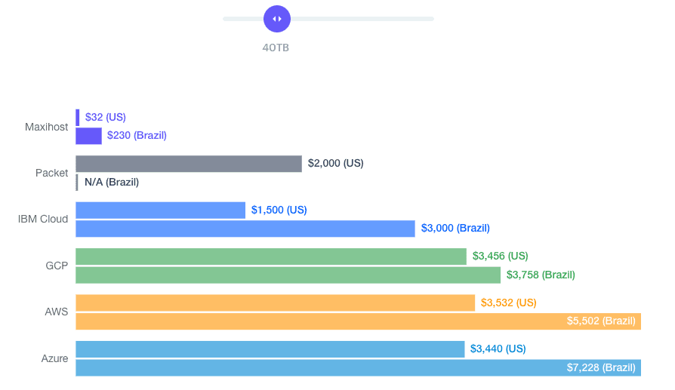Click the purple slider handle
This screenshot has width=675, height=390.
click(x=277, y=19)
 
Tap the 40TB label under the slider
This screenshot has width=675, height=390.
click(x=276, y=48)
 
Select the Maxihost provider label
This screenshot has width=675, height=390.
click(x=46, y=127)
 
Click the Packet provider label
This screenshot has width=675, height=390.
click(x=52, y=173)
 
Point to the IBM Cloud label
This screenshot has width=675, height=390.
click(x=43, y=219)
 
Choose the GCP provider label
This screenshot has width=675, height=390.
click(x=57, y=266)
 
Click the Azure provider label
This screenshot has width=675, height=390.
click(x=54, y=358)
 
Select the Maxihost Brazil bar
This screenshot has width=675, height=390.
click(x=88, y=136)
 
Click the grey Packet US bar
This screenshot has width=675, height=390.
click(x=189, y=164)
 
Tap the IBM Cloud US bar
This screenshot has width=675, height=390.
click(x=160, y=210)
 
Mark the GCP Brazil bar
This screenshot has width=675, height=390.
click(x=288, y=275)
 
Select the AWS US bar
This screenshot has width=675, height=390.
click(x=275, y=302)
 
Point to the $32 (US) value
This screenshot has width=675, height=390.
click(x=106, y=117)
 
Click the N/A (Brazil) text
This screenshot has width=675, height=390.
click(x=112, y=182)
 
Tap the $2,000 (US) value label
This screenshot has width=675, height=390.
click(x=336, y=163)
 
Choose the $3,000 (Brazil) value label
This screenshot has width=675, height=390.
click(x=455, y=228)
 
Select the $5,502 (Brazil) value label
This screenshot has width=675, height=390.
click(x=601, y=321)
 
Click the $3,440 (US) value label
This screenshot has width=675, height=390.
click(x=498, y=349)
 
